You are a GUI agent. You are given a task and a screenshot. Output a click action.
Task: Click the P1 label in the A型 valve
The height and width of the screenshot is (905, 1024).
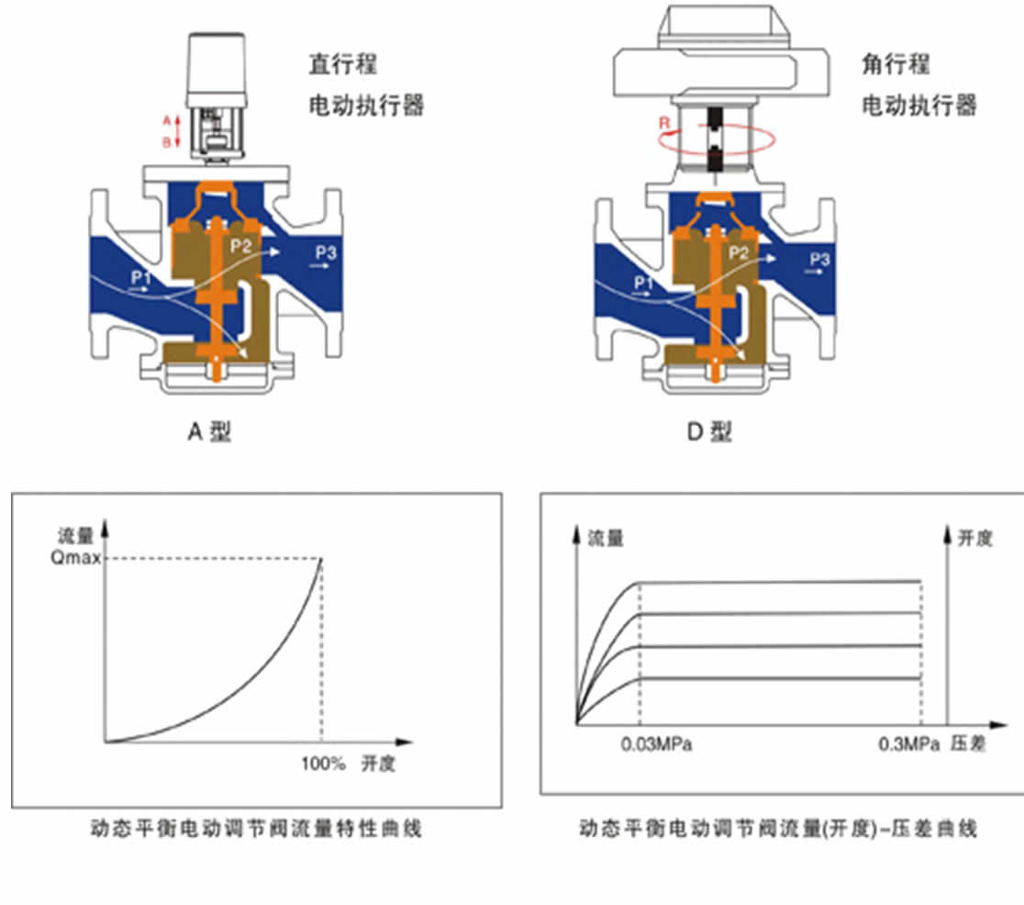click(142, 275)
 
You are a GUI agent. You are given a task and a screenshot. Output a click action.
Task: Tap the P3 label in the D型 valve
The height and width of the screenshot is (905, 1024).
click(819, 261)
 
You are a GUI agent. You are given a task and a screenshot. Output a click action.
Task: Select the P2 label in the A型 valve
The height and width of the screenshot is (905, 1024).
click(241, 245)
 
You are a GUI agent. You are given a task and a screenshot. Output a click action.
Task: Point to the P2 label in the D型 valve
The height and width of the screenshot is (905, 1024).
click(740, 252)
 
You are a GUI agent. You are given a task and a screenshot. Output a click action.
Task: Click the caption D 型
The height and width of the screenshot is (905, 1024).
click(709, 431)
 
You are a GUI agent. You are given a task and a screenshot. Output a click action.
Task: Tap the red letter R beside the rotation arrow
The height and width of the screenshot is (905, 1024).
click(663, 120)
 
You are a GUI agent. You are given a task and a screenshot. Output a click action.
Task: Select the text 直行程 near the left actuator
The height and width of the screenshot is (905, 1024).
click(342, 64)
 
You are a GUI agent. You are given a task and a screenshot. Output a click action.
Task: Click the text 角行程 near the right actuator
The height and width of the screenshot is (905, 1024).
click(896, 64)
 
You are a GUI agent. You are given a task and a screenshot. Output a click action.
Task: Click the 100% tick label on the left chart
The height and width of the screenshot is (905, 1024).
click(323, 764)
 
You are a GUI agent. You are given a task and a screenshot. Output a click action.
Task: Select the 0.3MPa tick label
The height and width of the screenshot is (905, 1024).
click(909, 744)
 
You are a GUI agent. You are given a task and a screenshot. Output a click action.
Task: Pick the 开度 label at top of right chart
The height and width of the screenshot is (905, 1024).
click(974, 539)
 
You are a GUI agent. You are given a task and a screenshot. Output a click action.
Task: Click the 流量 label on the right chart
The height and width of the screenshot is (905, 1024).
click(606, 539)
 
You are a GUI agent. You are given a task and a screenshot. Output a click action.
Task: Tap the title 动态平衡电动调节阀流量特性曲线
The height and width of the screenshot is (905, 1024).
click(256, 829)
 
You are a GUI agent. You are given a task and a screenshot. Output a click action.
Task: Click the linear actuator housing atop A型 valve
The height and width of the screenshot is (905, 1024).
click(217, 68)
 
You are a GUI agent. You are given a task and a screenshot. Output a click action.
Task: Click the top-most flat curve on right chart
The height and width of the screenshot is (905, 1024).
click(780, 581)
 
